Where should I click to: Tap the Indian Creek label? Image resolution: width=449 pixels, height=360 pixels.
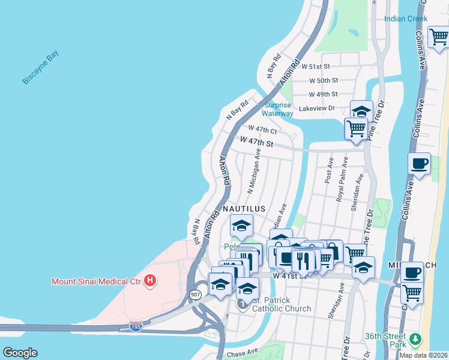[406, 19]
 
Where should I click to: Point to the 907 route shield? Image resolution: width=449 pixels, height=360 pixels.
[196, 295]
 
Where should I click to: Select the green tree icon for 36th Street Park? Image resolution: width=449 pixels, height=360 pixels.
[415, 340]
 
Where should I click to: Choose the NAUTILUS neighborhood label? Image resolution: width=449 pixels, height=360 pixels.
[244, 208]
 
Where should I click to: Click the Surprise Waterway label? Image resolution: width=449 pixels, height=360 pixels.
[279, 109]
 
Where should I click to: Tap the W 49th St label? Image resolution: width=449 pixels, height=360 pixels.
[324, 94]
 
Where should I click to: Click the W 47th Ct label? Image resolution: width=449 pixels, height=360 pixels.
[263, 130]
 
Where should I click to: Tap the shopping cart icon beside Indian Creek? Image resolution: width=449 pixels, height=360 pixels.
[439, 37]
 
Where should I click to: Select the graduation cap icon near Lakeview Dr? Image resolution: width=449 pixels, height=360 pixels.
[361, 111]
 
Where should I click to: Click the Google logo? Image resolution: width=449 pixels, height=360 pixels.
[20, 353]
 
